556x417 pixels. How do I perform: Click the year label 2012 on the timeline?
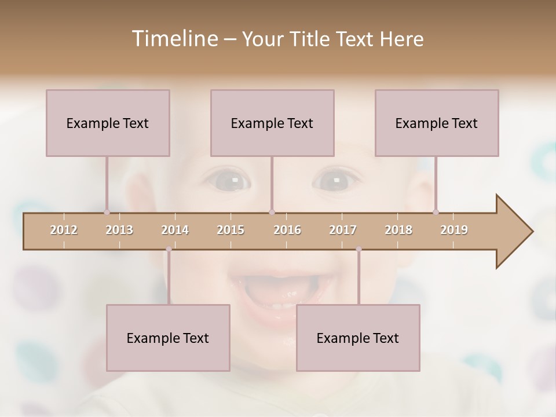[x=64, y=230]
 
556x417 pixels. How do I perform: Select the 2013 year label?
[x=119, y=230]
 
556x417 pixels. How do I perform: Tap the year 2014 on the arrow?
[x=175, y=230]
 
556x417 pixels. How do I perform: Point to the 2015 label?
[x=231, y=230]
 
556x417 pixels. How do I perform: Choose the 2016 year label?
[x=287, y=230]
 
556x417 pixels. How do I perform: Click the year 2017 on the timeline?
[x=343, y=230]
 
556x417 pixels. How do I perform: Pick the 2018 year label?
[x=398, y=230]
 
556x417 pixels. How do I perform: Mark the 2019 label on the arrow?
[x=454, y=230]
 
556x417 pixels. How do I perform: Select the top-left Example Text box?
[x=108, y=123]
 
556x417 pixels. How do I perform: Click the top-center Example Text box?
[x=272, y=123]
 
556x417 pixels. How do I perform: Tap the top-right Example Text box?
[x=437, y=123]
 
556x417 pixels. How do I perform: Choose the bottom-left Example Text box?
[x=168, y=338]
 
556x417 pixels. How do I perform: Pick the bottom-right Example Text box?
[x=358, y=338]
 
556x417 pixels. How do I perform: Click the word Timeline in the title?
[x=174, y=39]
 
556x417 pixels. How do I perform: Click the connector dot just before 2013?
[x=107, y=212]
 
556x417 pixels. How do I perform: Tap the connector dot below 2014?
[x=169, y=249]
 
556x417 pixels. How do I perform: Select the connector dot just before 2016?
[x=272, y=212]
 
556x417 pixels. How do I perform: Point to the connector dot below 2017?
[x=359, y=249]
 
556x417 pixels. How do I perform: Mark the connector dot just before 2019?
[x=436, y=212]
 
